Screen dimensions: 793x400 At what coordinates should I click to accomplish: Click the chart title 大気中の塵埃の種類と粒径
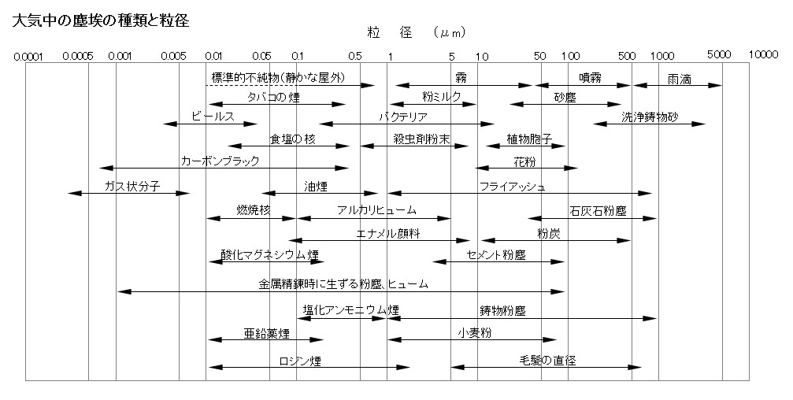100,20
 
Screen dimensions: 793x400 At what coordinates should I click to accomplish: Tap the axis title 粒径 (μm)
417,33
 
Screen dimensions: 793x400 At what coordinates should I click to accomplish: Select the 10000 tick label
764,54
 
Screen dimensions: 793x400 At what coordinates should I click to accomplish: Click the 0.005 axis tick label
174,56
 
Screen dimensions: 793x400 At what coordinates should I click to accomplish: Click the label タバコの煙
273,97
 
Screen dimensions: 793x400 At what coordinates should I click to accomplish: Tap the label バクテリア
403,117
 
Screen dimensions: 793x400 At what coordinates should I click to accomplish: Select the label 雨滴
680,79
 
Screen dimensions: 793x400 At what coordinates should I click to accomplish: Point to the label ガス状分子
132,186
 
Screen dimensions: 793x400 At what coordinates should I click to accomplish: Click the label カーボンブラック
220,161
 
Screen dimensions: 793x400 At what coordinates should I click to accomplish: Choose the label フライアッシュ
513,186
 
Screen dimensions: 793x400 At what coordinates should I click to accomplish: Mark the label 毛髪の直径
548,360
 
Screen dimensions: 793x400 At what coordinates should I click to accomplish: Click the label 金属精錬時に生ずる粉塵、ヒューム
343,283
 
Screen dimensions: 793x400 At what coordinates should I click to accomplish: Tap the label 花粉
524,162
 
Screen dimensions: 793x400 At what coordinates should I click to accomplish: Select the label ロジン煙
300,361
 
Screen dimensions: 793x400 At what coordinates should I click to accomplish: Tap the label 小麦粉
474,333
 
